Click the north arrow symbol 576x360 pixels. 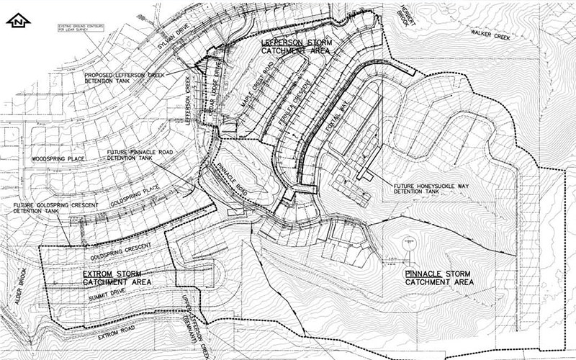click(19, 21)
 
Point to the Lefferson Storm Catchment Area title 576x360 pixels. click(296, 47)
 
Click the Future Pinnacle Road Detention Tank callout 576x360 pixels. click(151, 156)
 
